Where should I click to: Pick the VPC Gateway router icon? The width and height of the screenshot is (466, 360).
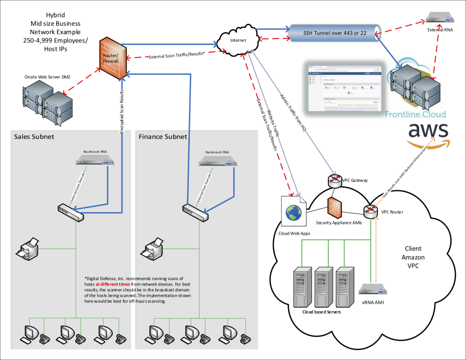pyautogui.click(x=335, y=180)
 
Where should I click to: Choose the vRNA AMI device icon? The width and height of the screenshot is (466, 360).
pyautogui.click(x=373, y=289)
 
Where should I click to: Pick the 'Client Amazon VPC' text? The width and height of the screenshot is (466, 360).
pyautogui.click(x=413, y=257)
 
